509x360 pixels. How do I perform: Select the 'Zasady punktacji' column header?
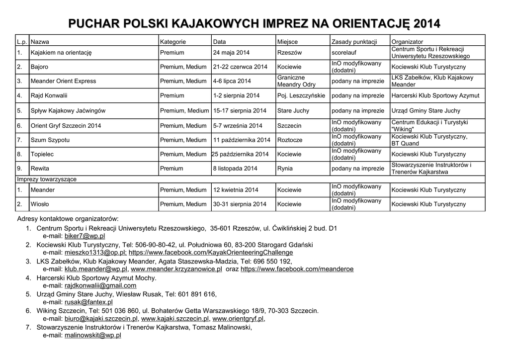click(354, 42)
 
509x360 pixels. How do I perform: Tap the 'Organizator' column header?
click(407, 42)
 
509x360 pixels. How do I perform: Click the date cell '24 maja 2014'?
click(231, 53)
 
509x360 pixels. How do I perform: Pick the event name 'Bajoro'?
click(40, 67)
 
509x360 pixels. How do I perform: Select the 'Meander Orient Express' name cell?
click(63, 81)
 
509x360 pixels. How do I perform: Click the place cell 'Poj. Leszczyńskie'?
click(301, 95)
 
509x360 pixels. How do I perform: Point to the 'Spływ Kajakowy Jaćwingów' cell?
click(68, 111)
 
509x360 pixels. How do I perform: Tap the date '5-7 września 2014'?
click(238, 126)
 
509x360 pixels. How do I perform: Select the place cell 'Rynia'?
click(285, 169)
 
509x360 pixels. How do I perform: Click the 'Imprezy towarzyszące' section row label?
click(47, 179)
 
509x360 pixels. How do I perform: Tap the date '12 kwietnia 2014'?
click(236, 190)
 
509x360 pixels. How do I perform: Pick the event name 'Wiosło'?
click(40, 204)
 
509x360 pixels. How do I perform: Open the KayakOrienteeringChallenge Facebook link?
click(211, 253)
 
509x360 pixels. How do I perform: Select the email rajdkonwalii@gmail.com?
click(100, 285)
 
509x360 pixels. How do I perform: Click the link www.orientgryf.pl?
click(238, 319)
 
